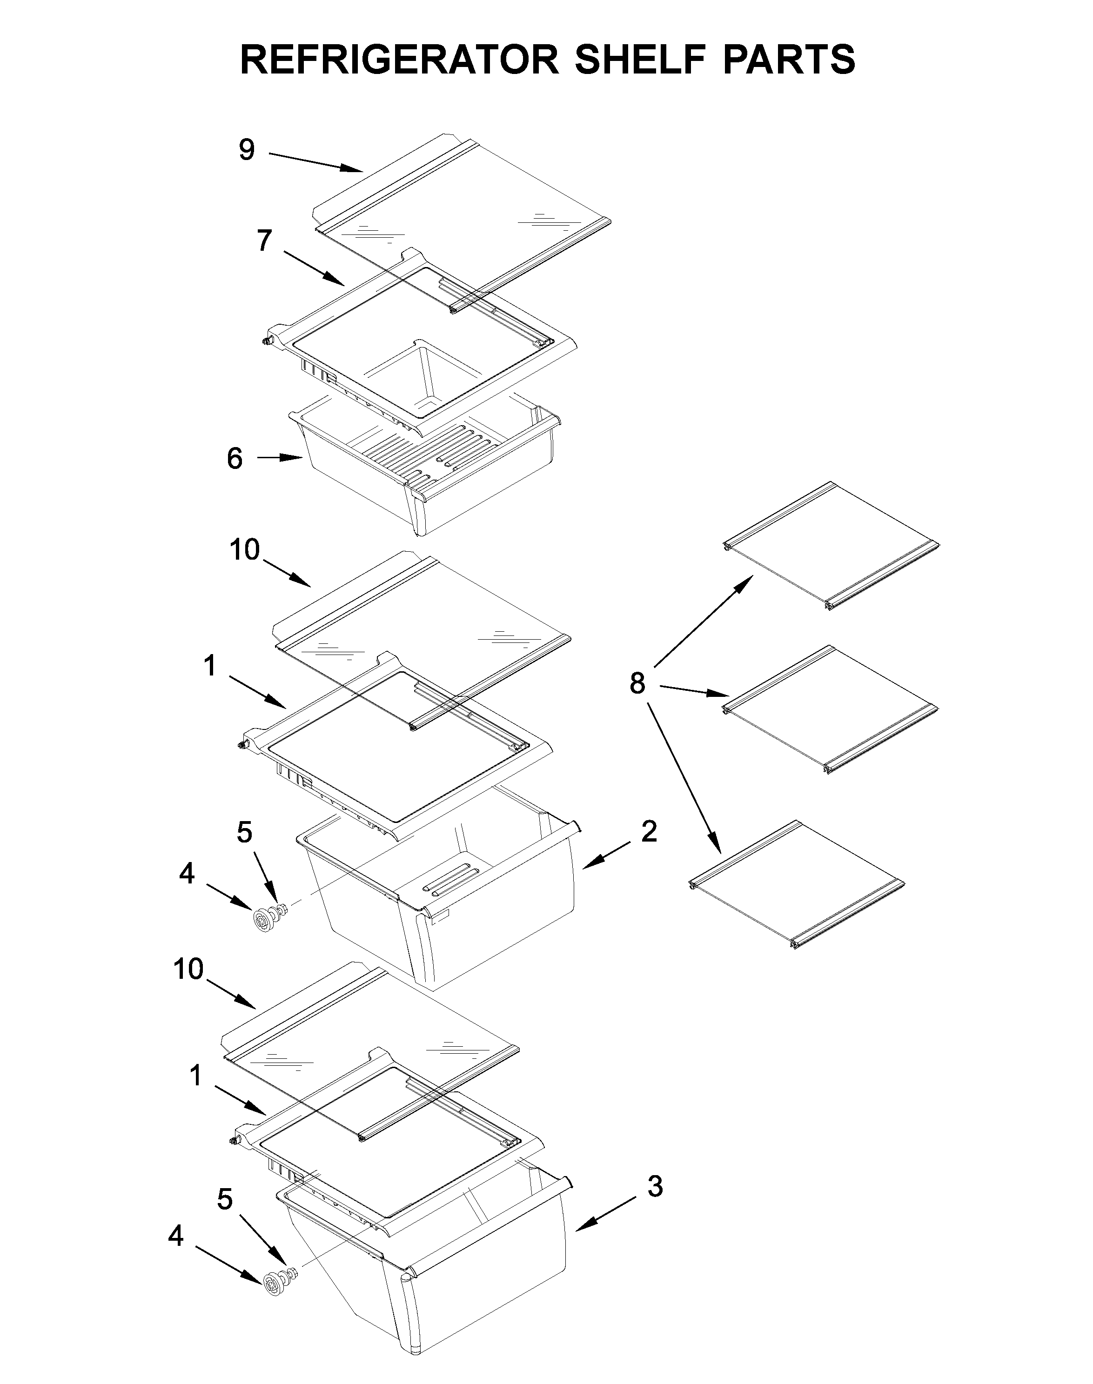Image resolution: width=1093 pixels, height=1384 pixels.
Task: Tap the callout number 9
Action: [247, 150]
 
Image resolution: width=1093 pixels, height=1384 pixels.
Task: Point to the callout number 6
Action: [235, 458]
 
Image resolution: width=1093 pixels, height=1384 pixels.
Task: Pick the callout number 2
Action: [649, 832]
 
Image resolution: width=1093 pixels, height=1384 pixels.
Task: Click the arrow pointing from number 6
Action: [280, 457]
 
